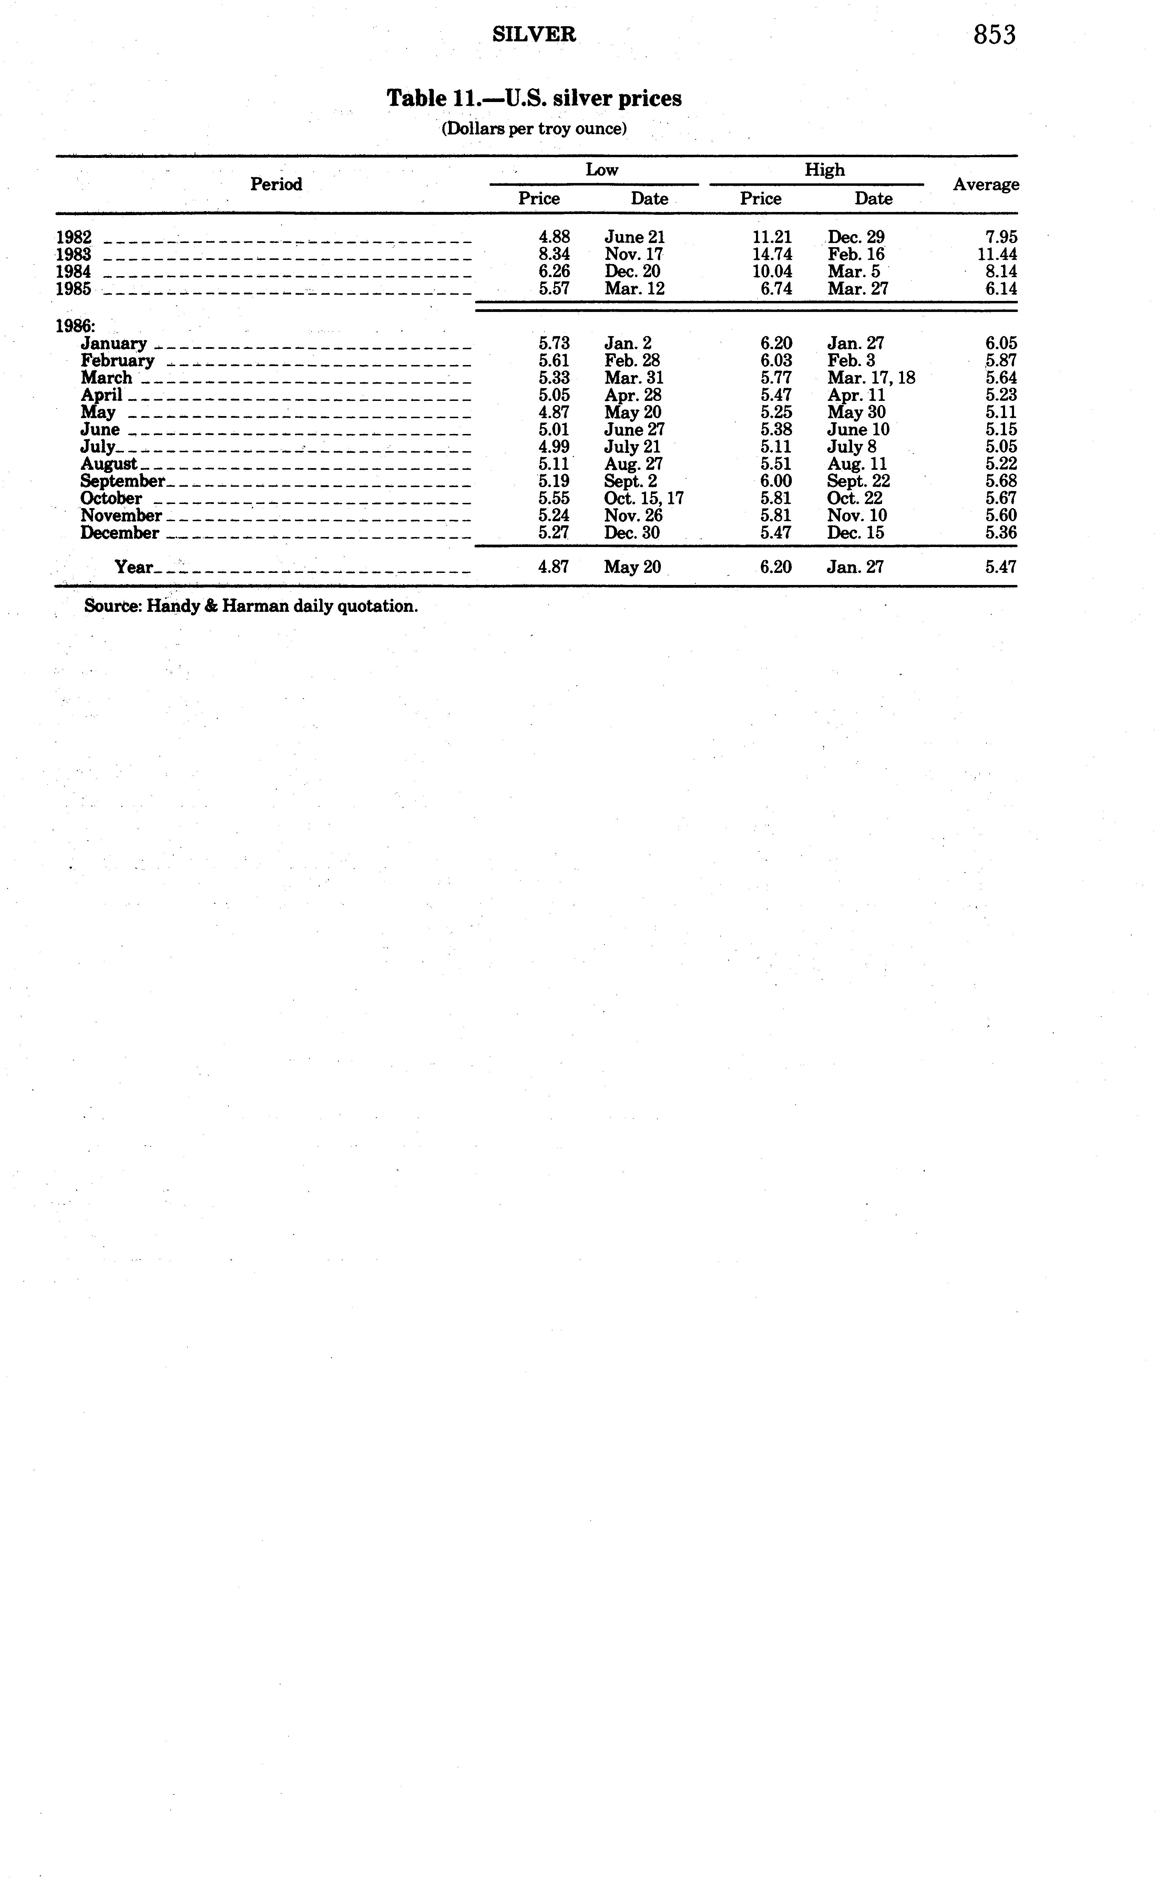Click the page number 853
coord(994,35)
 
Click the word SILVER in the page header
coord(534,34)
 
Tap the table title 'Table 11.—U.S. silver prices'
coord(534,99)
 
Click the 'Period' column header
coord(276,184)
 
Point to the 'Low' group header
coord(602,170)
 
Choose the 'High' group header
coord(824,170)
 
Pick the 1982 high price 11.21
coord(772,237)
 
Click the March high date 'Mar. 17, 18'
coord(871,378)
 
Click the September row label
coord(122,481)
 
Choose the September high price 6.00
coord(776,481)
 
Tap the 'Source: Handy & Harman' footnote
coord(251,607)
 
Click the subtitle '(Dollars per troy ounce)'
coord(534,129)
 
